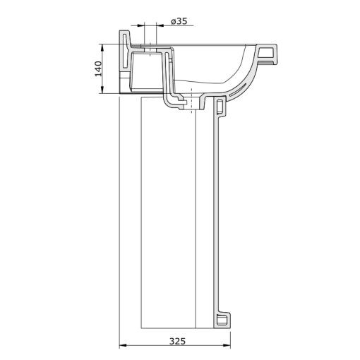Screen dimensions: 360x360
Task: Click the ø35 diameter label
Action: coord(179,22)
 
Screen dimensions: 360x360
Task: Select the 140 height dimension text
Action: coord(99,68)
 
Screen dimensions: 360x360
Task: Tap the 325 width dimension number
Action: coord(178,340)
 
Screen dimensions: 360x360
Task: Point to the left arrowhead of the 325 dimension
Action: coord(121,346)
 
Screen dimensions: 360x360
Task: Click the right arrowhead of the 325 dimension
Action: coord(228,346)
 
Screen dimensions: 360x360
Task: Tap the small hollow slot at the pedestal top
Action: coord(219,107)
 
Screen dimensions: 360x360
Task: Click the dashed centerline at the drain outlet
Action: coord(191,106)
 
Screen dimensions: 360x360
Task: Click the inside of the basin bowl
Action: coord(212,67)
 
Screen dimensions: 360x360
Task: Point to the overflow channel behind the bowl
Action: coord(169,78)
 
